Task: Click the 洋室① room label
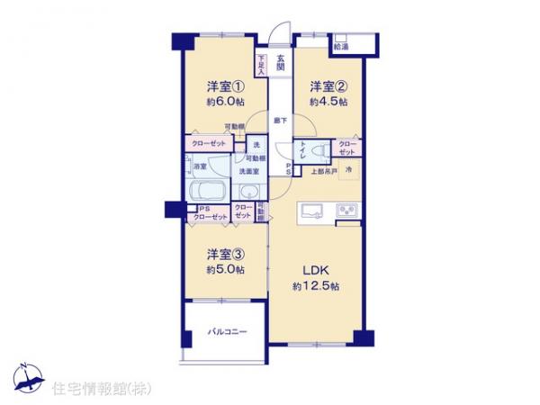coord(226,87)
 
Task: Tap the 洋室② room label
coord(328,87)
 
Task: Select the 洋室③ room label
coord(226,255)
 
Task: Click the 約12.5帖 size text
coord(315,285)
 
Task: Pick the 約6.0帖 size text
coord(226,103)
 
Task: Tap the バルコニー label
coord(228,332)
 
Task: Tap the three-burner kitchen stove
coord(347,211)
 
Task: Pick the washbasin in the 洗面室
coord(249,191)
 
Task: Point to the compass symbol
coord(26,377)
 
